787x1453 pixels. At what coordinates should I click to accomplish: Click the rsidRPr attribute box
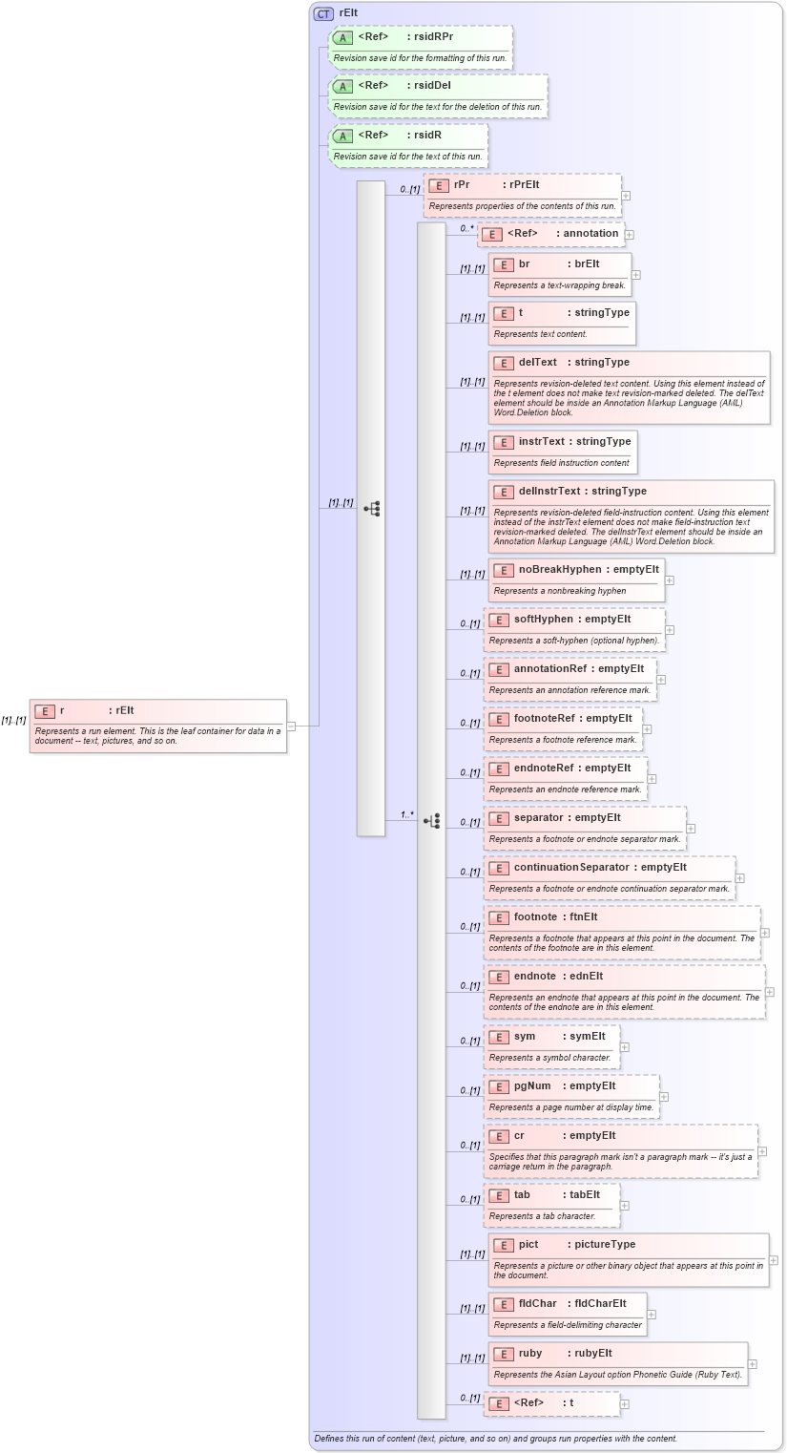tap(420, 47)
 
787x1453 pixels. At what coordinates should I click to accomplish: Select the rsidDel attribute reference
tap(438, 95)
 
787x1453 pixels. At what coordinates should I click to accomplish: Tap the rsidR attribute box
tap(408, 145)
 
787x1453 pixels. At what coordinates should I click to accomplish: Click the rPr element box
tap(522, 195)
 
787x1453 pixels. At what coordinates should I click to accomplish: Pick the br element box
tap(560, 274)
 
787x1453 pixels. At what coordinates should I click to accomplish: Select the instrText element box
tap(562, 452)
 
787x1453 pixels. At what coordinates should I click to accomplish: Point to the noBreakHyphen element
tap(576, 579)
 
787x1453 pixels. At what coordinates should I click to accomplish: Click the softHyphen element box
tap(574, 629)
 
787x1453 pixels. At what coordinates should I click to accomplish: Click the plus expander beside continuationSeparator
tap(739, 878)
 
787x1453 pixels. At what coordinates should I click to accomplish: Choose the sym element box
tap(551, 1046)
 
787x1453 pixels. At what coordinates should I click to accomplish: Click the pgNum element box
tap(570, 1096)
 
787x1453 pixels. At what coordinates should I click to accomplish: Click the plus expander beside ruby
tap(753, 1364)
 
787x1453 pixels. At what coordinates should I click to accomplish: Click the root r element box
tap(157, 726)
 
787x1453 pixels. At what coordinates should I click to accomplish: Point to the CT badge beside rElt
tap(323, 13)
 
